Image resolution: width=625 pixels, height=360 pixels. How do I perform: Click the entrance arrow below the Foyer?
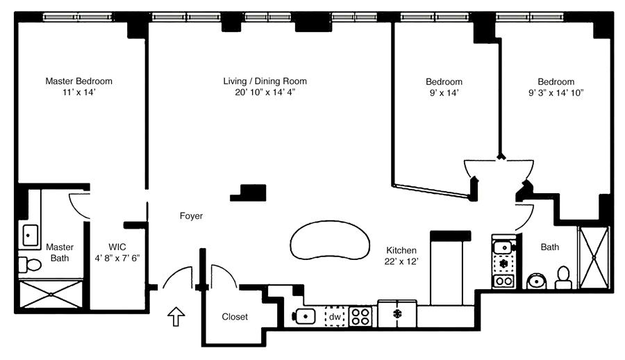pos(177,318)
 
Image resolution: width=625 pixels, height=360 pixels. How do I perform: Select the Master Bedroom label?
pos(78,81)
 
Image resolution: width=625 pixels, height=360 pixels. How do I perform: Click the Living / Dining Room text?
pos(265,81)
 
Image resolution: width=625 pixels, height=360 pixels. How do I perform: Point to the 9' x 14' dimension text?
pos(444,92)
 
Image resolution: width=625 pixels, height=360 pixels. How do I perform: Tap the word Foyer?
pos(191,216)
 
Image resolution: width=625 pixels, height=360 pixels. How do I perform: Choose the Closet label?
pos(235,317)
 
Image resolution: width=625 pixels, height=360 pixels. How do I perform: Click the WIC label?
pos(117,247)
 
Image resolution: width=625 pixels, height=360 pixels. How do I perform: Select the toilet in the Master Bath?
pos(29,265)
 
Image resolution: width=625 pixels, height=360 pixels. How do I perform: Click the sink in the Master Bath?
pos(30,235)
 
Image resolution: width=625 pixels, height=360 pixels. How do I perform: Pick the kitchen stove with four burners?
pos(360,316)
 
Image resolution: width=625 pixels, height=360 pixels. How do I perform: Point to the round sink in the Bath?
pos(536,281)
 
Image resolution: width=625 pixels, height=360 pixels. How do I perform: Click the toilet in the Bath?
pos(562,278)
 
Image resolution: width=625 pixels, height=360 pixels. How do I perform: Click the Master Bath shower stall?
pos(52,295)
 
